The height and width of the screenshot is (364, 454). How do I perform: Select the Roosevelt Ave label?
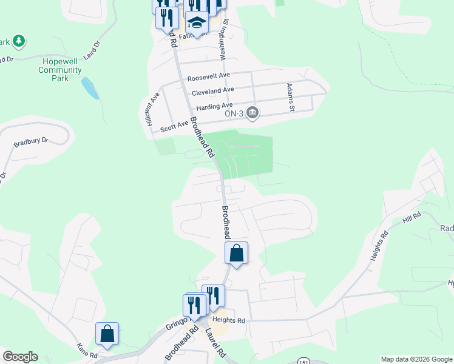(209, 76)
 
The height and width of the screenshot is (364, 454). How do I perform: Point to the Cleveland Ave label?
(212, 91)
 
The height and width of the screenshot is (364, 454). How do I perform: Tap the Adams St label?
(291, 98)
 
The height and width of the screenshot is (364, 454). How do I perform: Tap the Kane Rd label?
(86, 351)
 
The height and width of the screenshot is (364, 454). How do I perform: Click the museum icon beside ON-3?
(252, 113)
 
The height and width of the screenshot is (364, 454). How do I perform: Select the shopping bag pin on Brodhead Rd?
(237, 253)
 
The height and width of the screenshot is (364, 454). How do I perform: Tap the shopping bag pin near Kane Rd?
(107, 333)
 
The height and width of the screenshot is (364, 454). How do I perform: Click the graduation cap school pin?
(197, 22)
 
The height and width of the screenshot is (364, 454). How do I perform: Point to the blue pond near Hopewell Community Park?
(90, 88)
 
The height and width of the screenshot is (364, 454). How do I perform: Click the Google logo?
(20, 357)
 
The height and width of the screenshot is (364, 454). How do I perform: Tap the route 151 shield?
(303, 361)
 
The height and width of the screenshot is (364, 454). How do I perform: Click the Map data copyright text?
(416, 359)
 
